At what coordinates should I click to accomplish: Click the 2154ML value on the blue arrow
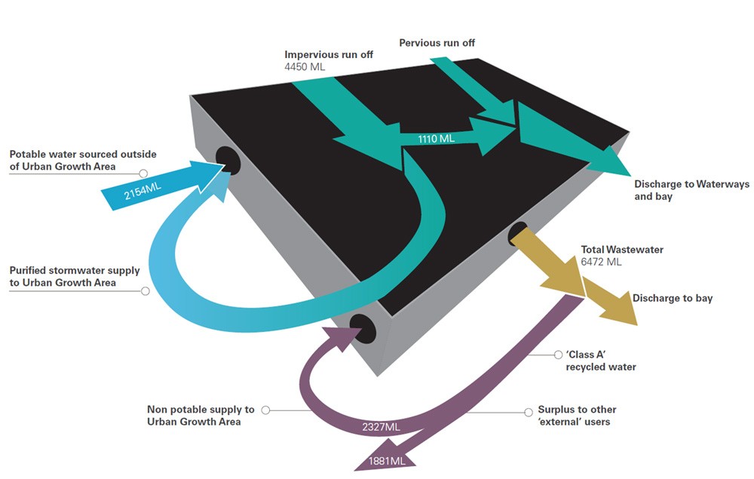(143, 191)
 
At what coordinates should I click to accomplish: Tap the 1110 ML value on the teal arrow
(436, 139)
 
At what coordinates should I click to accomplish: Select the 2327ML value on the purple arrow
(381, 427)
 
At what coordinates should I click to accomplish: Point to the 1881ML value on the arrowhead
(387, 461)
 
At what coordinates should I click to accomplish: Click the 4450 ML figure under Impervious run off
(305, 67)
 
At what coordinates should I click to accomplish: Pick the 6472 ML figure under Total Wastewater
(601, 262)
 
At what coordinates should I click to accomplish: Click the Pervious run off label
(437, 43)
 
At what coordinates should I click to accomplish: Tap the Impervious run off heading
(329, 54)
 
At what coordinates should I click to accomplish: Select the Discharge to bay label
(673, 298)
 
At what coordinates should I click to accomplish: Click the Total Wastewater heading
(622, 249)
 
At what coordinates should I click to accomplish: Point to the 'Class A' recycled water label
(601, 361)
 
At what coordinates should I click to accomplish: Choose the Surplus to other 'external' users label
(577, 416)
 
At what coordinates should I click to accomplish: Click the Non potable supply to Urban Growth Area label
(201, 416)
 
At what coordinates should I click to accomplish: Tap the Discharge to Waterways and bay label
(691, 190)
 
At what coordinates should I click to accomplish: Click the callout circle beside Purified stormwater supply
(146, 291)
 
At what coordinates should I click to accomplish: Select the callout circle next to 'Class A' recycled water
(558, 355)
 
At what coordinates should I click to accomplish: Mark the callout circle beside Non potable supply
(265, 410)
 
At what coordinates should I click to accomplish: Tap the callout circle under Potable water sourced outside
(143, 173)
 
